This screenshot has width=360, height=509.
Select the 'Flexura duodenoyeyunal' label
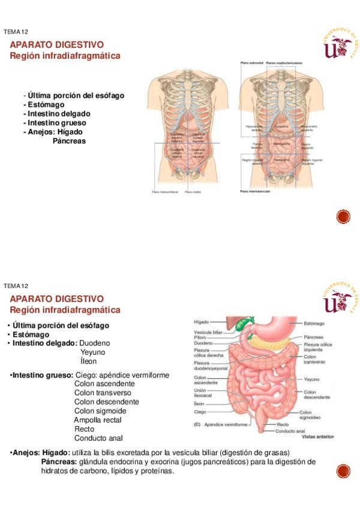206,366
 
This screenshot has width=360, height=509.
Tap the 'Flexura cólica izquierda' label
317,348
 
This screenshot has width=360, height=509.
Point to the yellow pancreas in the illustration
273,341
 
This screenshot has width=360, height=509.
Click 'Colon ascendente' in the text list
104,384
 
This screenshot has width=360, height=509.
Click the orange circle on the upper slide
343,217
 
